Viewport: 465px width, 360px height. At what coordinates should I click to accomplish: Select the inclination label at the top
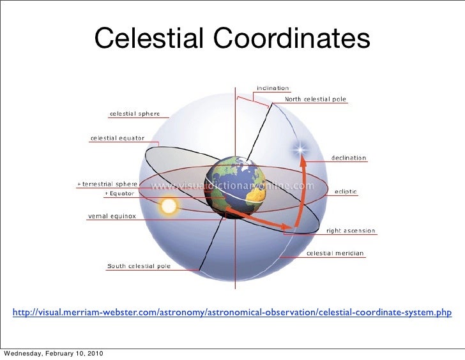(x=273, y=88)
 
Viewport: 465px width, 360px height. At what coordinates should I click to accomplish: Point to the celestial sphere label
(x=134, y=114)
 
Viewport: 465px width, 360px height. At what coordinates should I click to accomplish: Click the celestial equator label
(x=117, y=137)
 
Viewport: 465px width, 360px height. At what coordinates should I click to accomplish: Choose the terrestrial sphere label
(x=104, y=184)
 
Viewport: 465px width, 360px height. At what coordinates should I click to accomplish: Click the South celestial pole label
(x=139, y=266)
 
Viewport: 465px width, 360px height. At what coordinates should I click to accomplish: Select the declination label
(x=349, y=158)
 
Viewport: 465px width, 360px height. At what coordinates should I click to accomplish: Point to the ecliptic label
(x=347, y=191)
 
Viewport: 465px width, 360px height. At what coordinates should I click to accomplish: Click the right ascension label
(x=351, y=230)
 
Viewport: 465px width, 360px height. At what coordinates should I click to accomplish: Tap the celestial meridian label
(x=335, y=253)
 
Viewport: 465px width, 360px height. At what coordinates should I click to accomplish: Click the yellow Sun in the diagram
(x=169, y=206)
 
